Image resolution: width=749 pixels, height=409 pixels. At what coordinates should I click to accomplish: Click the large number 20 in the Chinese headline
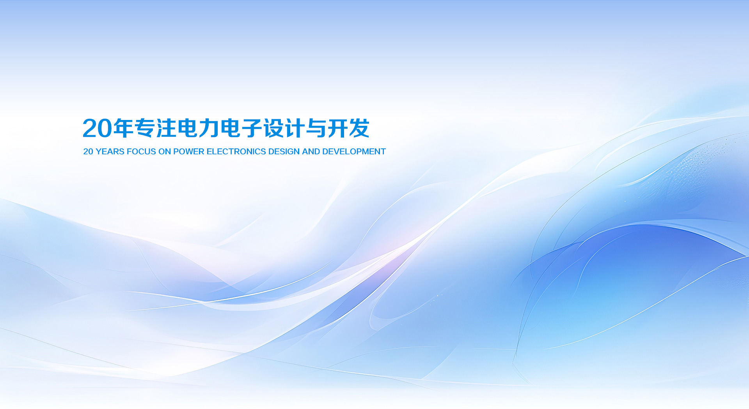(x=97, y=128)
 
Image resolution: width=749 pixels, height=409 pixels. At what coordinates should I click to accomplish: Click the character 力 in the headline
(x=209, y=128)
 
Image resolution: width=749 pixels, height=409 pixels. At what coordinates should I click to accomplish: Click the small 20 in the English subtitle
(x=88, y=152)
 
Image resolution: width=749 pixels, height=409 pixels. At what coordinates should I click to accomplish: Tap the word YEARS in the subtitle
(x=110, y=152)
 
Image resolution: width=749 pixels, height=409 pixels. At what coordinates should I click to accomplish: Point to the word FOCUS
(x=141, y=152)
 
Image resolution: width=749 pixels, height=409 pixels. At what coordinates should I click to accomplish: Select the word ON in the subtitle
(x=165, y=152)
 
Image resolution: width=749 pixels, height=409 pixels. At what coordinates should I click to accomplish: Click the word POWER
(x=189, y=152)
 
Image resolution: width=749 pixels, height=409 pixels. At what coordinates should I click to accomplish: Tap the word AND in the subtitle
(x=311, y=152)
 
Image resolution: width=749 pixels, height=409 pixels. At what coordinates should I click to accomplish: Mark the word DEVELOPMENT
(x=354, y=152)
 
